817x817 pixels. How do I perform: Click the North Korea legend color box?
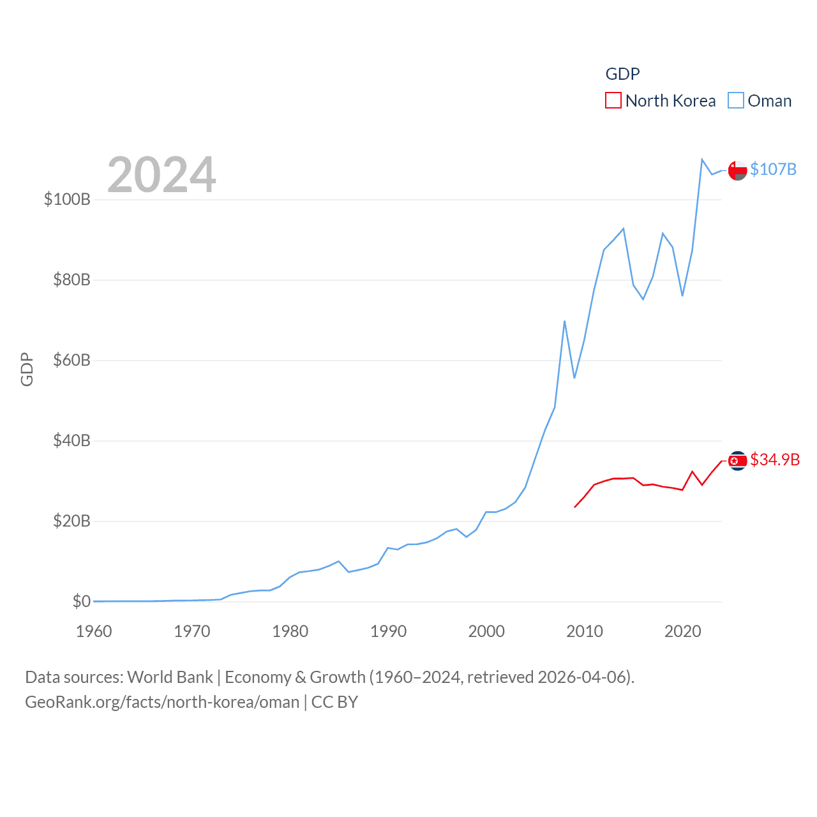click(x=613, y=101)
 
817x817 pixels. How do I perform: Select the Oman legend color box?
click(x=736, y=101)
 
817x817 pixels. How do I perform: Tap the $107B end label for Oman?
click(x=773, y=169)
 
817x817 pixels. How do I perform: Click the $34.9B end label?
click(x=775, y=460)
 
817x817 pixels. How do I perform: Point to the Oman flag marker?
click(x=737, y=170)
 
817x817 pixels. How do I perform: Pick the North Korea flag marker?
click(x=737, y=460)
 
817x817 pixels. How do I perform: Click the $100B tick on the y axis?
click(x=67, y=199)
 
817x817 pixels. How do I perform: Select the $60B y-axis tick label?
click(x=71, y=360)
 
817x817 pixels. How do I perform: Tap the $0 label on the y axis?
click(x=81, y=601)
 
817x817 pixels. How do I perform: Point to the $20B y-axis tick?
click(x=71, y=521)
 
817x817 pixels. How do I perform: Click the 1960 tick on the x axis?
click(x=94, y=631)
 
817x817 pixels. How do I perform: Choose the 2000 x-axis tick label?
click(x=486, y=631)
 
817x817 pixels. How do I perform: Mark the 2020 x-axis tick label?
click(x=682, y=631)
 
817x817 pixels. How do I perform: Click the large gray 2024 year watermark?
click(x=161, y=175)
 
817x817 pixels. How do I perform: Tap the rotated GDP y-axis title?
click(x=27, y=369)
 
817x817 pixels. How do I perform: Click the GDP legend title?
click(x=622, y=74)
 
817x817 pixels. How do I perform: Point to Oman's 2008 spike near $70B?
click(x=564, y=322)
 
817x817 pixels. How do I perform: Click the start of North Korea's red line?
click(x=575, y=507)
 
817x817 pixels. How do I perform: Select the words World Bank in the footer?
click(x=170, y=677)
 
